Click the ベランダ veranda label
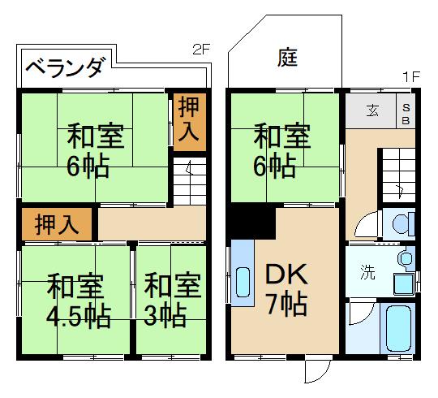tap(64, 68)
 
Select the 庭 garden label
tap(287, 57)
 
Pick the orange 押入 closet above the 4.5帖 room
tap(57, 224)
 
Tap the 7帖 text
tap(287, 305)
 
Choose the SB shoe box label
tap(407, 112)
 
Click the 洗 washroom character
tap(368, 273)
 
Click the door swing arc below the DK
tap(315, 371)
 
